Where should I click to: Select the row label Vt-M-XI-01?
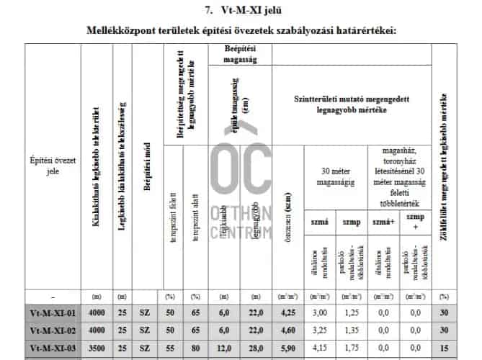pos(53,313)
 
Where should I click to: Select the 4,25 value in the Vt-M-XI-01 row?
pos(287,313)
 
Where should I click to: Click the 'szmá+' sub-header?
pos(383,222)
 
